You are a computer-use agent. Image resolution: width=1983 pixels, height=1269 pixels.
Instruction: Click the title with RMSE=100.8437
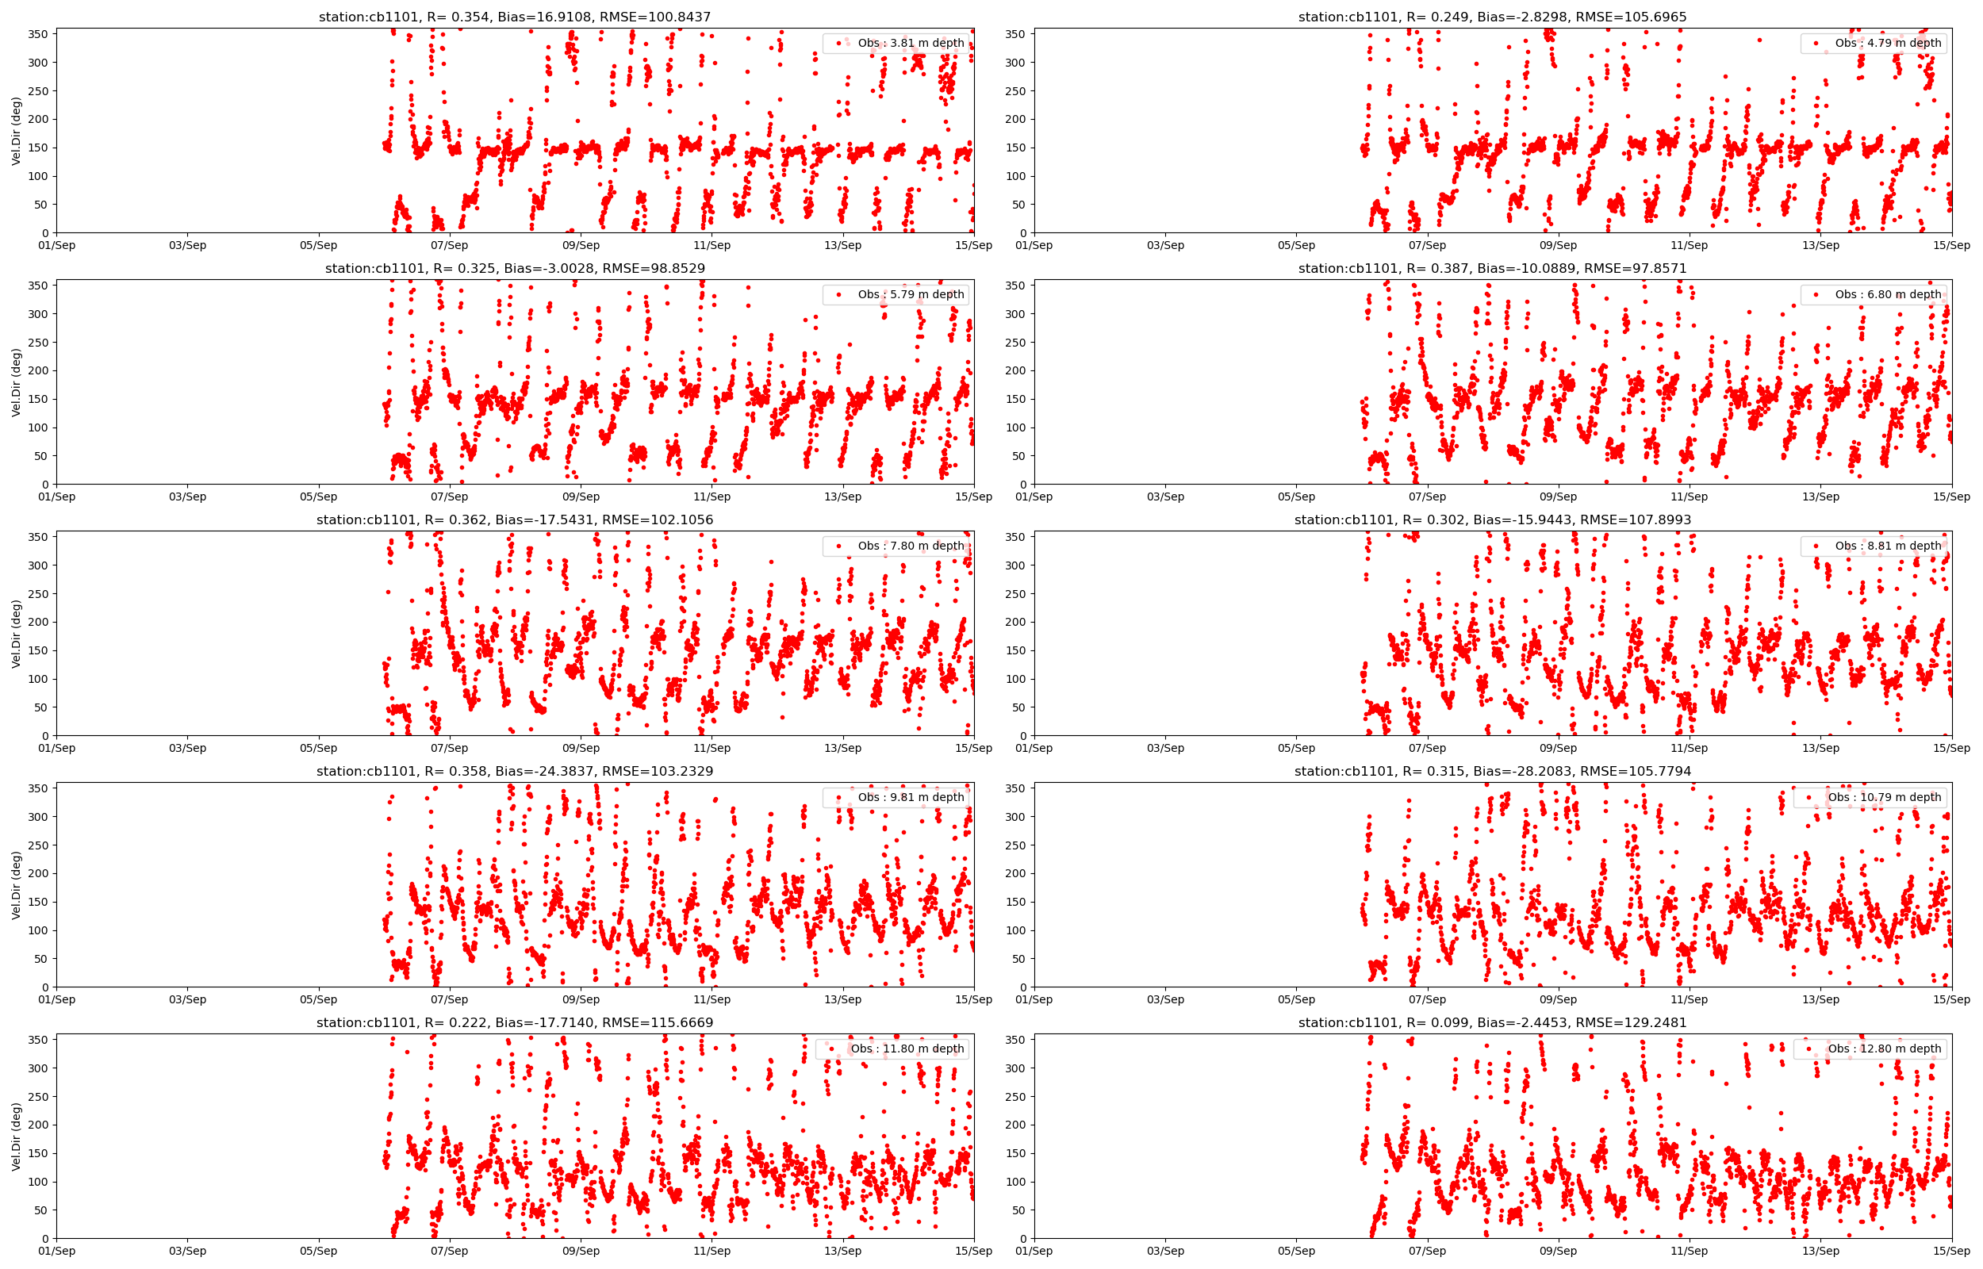pos(515,17)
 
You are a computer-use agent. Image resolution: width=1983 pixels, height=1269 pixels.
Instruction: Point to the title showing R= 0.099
pos(1492,1022)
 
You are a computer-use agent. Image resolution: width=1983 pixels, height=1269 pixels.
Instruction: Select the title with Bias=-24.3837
pos(515,771)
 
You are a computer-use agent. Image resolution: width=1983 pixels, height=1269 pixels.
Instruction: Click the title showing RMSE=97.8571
pos(1492,269)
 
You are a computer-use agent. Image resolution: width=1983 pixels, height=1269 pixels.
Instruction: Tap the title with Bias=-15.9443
pos(1492,520)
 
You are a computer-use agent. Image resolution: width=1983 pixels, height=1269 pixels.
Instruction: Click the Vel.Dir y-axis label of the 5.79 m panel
pos(17,382)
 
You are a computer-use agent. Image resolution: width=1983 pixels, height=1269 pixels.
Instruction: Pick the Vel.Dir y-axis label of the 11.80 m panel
pos(17,1137)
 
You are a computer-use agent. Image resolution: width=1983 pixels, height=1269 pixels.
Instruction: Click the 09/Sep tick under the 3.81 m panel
pos(580,246)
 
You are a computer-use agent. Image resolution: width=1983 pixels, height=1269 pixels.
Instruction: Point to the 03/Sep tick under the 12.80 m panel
pos(1165,1251)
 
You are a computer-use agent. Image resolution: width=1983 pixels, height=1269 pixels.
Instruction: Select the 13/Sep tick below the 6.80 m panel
pos(1820,496)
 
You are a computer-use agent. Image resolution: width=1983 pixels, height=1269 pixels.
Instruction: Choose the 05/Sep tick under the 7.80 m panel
pos(318,748)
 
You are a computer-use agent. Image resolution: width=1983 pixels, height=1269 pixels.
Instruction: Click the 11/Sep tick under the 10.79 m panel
pos(1689,999)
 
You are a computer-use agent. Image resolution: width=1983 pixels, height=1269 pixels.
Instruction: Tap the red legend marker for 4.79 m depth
pos(1816,43)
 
